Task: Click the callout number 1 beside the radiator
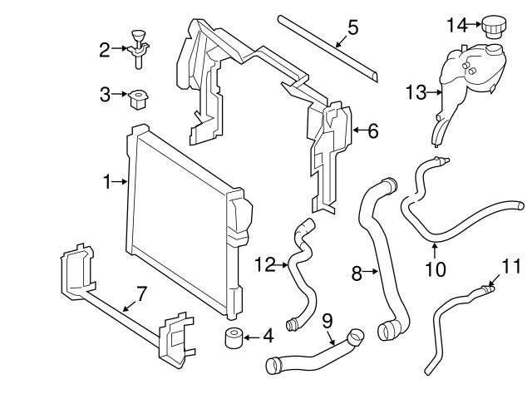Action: pos(107,180)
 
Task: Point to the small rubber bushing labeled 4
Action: pos(232,339)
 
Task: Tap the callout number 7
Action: pos(140,293)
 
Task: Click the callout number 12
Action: pos(264,264)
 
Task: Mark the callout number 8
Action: pos(357,271)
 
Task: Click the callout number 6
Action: pos(372,130)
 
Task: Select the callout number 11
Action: pos(510,266)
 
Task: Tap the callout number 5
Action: pos(352,27)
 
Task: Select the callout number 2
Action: pos(105,51)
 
